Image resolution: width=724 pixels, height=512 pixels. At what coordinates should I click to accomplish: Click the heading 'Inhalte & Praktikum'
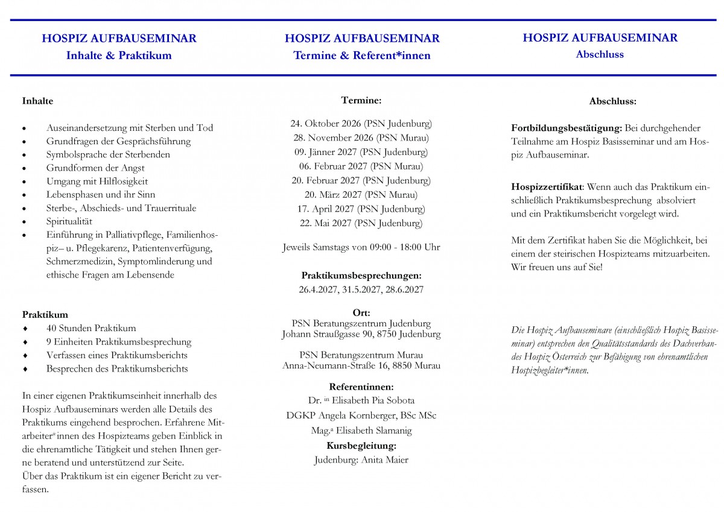[x=119, y=55]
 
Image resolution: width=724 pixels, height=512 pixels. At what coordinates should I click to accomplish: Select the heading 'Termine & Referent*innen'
[x=362, y=55]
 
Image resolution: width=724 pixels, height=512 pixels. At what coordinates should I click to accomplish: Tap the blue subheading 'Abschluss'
[x=600, y=54]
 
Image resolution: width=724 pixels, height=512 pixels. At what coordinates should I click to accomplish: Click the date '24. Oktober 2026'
[x=326, y=124]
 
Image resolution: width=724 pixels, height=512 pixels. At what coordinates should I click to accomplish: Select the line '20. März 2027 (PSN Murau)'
[x=361, y=195]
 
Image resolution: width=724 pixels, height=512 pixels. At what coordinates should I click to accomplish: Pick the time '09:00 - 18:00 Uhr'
[x=399, y=247]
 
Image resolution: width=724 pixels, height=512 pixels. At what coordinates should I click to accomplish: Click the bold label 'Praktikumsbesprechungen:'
[x=361, y=276]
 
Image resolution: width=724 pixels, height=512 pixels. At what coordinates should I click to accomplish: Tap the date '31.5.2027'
[x=361, y=289]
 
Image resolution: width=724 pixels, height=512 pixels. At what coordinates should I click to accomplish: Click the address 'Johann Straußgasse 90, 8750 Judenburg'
[x=361, y=333]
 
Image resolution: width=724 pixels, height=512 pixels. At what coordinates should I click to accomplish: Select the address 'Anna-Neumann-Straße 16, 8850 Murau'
[x=361, y=365]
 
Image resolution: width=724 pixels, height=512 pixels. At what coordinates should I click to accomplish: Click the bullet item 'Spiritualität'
[x=69, y=221]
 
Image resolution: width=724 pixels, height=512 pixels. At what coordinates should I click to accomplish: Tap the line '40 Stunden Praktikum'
[x=91, y=328]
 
